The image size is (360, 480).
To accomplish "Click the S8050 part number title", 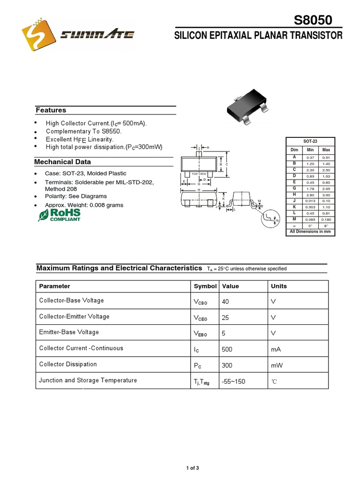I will [x=313, y=21].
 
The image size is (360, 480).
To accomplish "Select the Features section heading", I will [x=51, y=110].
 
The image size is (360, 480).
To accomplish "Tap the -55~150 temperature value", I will [x=233, y=382].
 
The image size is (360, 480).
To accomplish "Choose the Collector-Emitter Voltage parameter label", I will [x=74, y=316].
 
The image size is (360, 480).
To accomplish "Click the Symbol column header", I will [x=205, y=286].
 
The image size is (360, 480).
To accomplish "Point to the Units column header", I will [x=279, y=286].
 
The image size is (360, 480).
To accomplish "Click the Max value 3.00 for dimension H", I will [x=326, y=195].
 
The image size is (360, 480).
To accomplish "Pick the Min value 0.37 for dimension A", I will [x=310, y=157].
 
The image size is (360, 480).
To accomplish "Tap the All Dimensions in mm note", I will [x=310, y=232].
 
